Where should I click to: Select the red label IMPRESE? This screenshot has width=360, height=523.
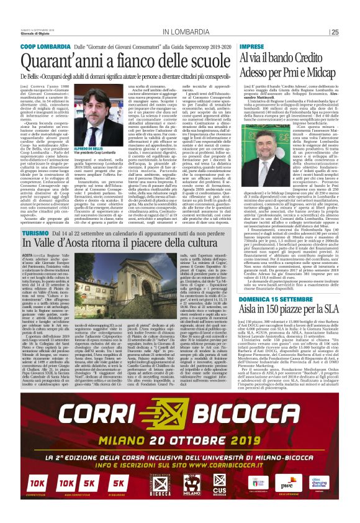pos(253,47)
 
